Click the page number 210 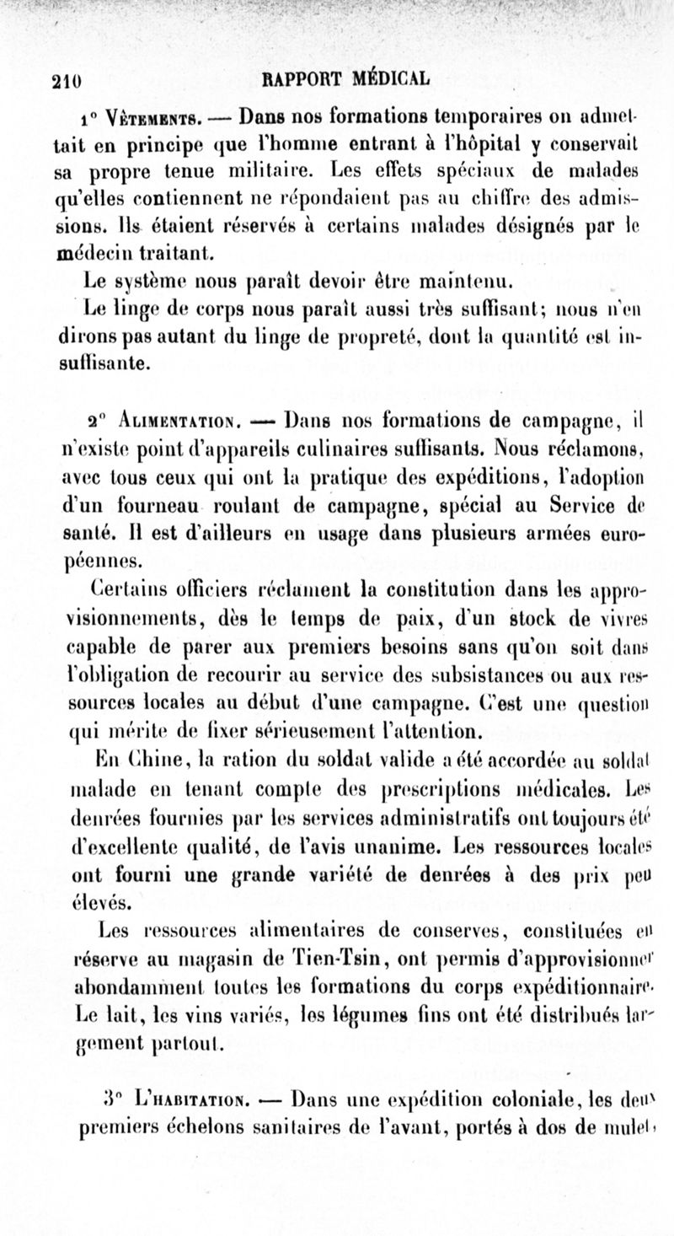pyautogui.click(x=66, y=81)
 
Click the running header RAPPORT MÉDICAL pyautogui.click(x=345, y=80)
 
